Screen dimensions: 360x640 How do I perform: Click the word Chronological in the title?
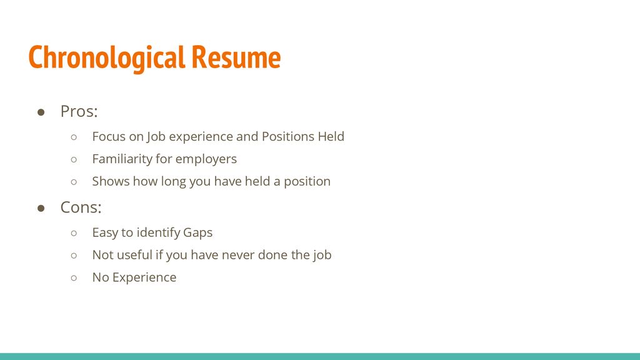click(106, 58)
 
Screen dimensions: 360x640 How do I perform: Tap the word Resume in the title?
click(236, 58)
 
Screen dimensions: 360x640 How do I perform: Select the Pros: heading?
click(79, 112)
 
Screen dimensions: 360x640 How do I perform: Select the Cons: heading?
click(81, 207)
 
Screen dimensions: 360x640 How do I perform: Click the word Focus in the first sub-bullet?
click(108, 136)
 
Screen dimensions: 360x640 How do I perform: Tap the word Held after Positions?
click(331, 136)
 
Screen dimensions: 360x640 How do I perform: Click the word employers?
click(206, 159)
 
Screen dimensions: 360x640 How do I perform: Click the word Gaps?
click(197, 233)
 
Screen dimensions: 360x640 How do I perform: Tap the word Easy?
click(105, 233)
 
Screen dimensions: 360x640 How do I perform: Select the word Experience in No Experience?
click(144, 277)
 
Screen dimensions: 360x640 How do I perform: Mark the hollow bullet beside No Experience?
click(74, 277)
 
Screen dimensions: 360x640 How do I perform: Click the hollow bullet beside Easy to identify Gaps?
click(74, 233)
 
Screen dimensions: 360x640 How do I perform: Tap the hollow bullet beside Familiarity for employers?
click(74, 159)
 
